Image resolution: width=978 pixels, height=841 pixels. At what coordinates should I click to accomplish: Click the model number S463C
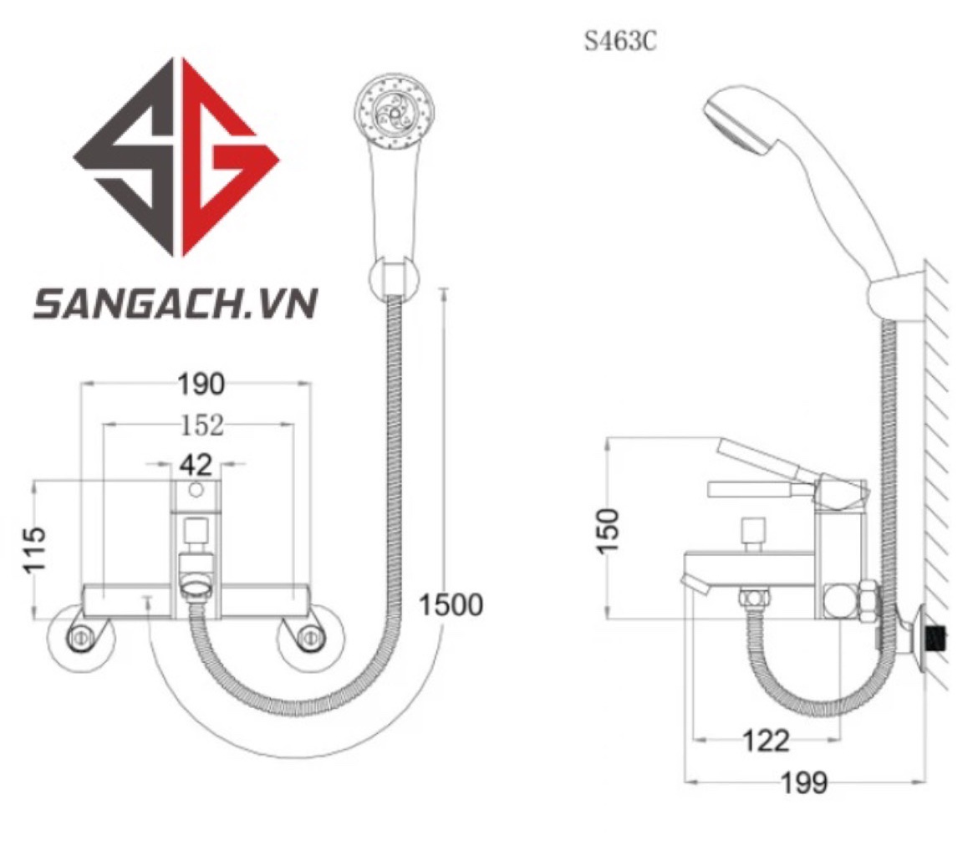[620, 42]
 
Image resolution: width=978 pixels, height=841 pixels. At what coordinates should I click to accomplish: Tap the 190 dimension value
[201, 385]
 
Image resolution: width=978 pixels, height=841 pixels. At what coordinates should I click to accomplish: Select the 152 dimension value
[201, 426]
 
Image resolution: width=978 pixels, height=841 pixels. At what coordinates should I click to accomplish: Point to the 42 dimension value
[196, 465]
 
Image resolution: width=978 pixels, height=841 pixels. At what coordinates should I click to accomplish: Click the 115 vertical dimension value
[35, 549]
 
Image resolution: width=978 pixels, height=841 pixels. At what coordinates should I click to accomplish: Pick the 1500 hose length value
[451, 605]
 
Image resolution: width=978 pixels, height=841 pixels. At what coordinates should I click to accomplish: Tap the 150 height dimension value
[608, 530]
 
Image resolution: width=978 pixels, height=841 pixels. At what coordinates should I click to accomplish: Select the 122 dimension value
[766, 742]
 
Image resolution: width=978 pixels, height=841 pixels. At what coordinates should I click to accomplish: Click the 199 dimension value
[804, 782]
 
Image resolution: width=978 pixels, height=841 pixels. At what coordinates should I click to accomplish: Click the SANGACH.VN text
[176, 303]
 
